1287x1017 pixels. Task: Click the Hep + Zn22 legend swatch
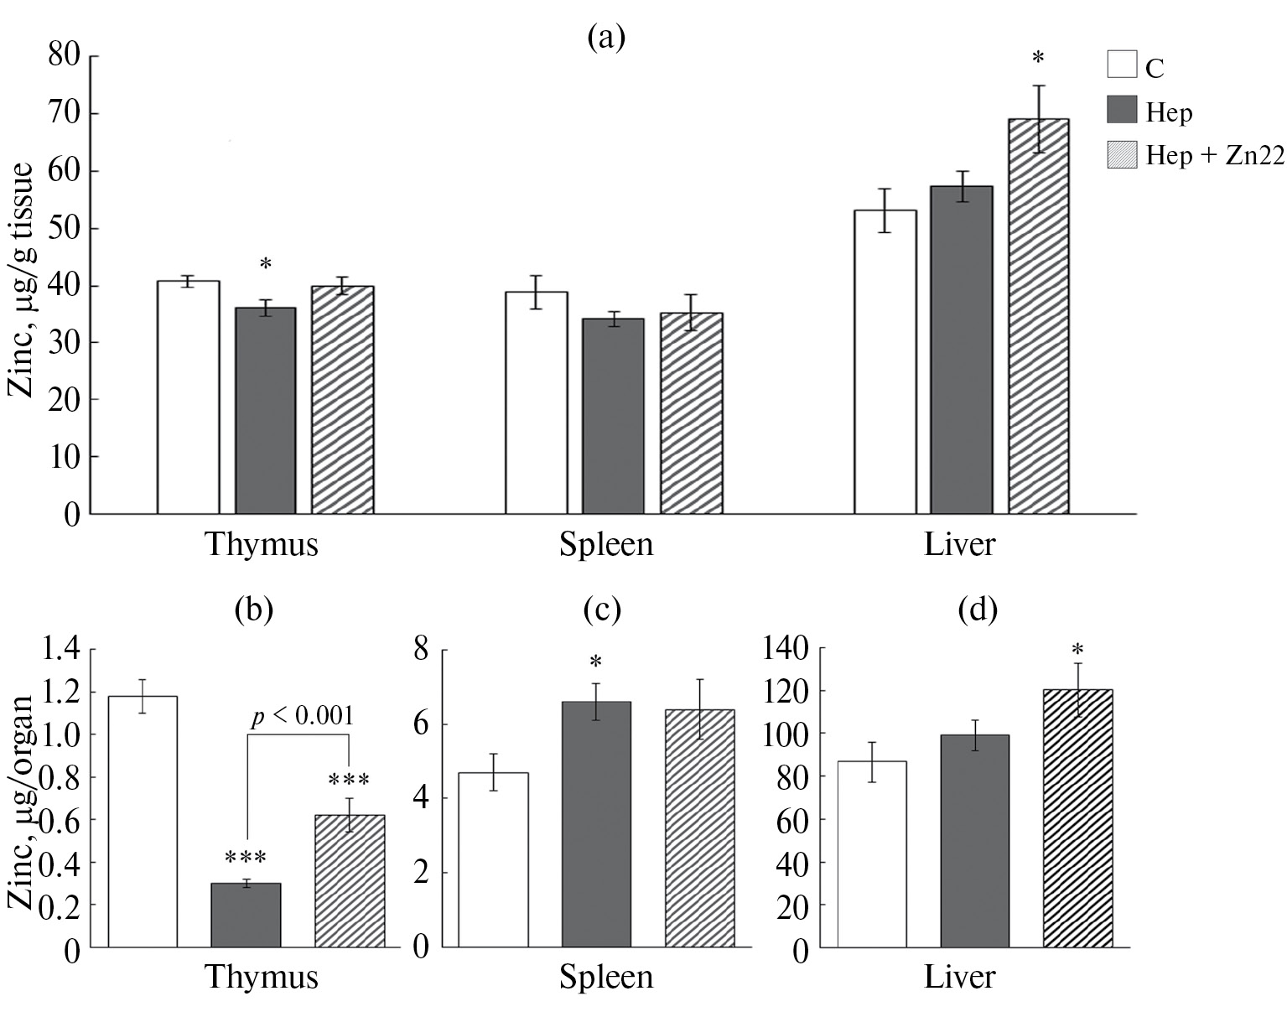1123,155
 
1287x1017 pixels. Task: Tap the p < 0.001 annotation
304,715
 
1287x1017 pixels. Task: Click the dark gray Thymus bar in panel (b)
246,915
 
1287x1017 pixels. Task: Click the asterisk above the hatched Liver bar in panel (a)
1038,59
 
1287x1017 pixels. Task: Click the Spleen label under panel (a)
605,545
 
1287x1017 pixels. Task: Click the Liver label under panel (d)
959,978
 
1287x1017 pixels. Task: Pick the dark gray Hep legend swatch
1123,110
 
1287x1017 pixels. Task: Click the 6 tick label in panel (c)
420,724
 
